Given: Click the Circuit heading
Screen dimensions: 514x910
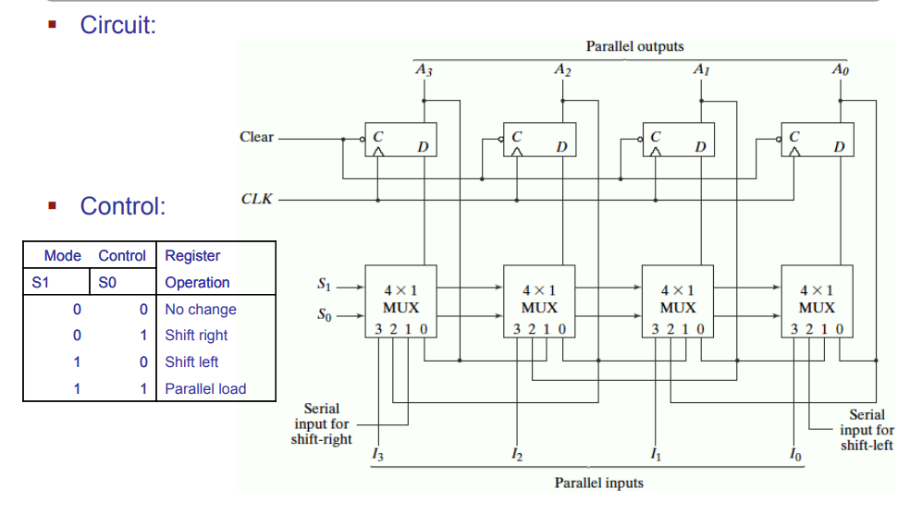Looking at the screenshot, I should point(117,25).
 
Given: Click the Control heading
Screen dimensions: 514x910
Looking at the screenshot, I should point(122,205).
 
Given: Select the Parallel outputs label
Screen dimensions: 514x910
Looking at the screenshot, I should point(634,46).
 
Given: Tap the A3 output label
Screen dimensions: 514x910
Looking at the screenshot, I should point(424,69).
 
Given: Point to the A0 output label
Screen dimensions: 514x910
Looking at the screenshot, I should point(840,69).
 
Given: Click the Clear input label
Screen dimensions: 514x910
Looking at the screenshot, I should point(256,137).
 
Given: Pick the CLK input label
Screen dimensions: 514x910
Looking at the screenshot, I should point(257,198).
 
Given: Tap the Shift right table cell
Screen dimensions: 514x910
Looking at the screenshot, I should point(196,336).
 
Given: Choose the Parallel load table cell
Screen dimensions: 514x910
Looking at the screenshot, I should point(205,389).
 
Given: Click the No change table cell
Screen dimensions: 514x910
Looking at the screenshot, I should point(201,310).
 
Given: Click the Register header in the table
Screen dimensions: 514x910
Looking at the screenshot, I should point(192,256).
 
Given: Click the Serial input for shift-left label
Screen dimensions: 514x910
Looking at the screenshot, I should point(867,430).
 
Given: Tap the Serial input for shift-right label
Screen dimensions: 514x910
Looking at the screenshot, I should point(321,423).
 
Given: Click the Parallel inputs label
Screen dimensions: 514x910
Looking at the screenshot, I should point(598,483).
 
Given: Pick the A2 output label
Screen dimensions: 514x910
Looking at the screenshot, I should point(561,69).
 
